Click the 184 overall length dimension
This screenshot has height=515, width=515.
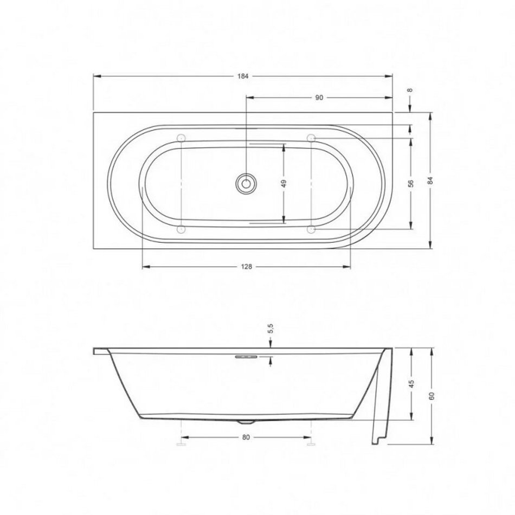tap(243, 76)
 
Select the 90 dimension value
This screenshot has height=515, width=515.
tap(319, 98)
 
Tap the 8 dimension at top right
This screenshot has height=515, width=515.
tap(410, 91)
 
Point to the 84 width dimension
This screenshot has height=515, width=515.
tap(430, 181)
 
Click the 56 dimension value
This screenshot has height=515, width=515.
tap(411, 183)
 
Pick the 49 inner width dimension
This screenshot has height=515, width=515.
tap(284, 183)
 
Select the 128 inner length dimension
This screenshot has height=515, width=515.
tap(246, 267)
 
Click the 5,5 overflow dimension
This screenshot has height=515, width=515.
tap(271, 329)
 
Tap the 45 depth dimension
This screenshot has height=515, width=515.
tap(412, 384)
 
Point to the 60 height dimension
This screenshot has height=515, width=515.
tap(432, 396)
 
